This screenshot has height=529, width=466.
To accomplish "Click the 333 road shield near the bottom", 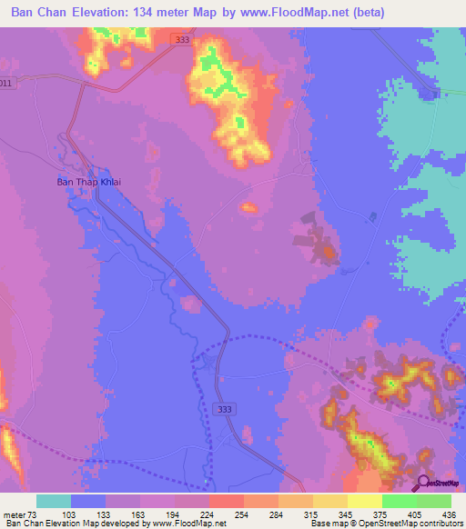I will [223, 410].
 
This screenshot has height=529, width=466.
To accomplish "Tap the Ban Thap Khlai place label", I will [89, 181].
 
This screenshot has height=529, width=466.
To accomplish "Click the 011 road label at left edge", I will [6, 84].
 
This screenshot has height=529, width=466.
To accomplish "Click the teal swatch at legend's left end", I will [54, 501].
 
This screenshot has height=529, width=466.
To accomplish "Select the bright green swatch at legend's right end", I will [434, 501].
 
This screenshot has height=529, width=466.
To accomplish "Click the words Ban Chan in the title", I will [34, 13].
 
